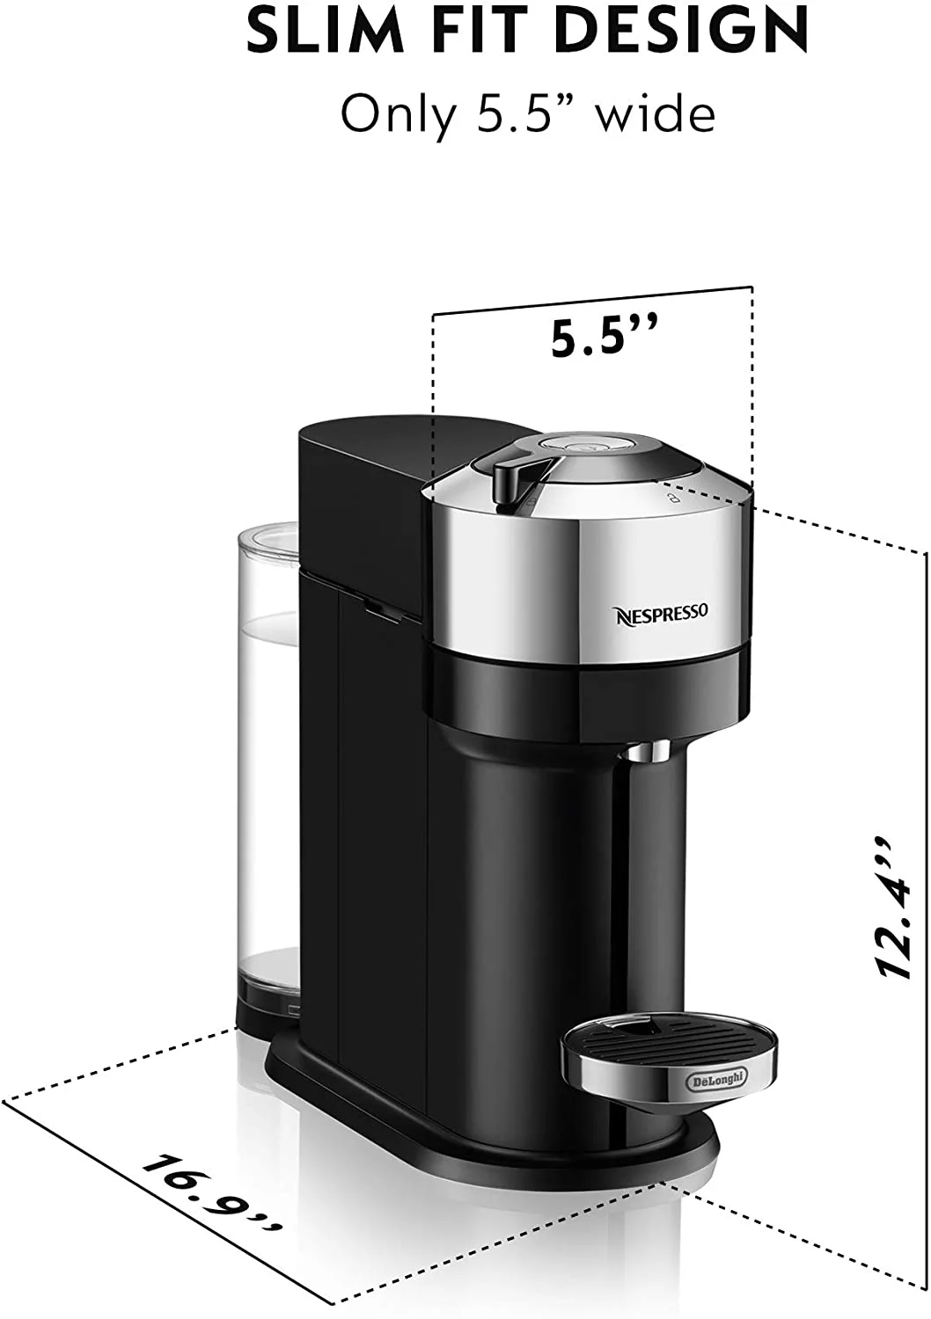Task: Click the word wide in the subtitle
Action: pos(655,114)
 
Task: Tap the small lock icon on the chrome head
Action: pos(671,497)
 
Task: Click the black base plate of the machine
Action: pos(493,1134)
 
